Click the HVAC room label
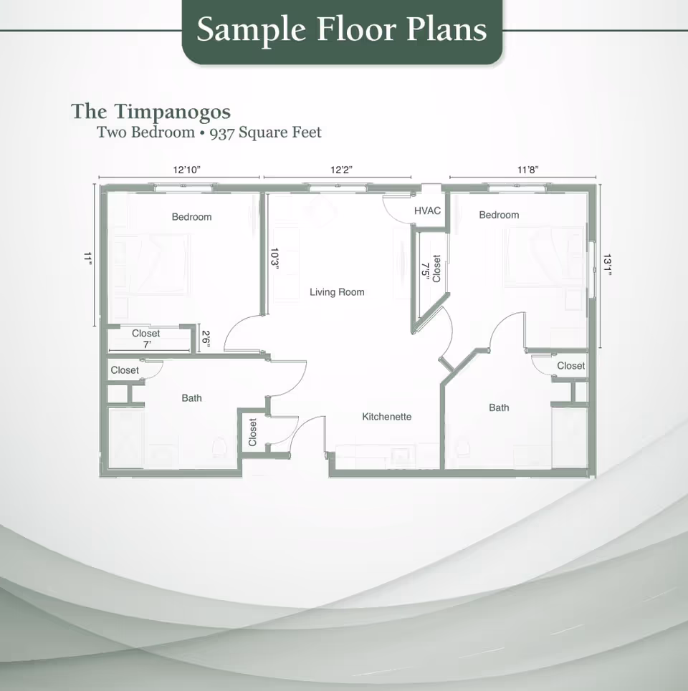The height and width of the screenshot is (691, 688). (x=427, y=211)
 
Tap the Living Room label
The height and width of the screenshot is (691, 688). (x=337, y=292)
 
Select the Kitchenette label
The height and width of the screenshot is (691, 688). (x=386, y=417)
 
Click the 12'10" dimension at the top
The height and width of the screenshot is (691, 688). (x=186, y=170)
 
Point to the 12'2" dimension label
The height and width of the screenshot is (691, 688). (x=342, y=170)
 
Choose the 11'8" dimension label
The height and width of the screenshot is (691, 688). (x=527, y=170)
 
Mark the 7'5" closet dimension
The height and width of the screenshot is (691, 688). (x=425, y=269)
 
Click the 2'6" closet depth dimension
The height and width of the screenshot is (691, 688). (x=206, y=338)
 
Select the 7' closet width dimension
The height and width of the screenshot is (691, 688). (x=146, y=344)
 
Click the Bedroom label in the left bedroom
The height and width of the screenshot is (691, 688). (x=191, y=217)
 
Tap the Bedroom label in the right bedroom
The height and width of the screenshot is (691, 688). (x=499, y=215)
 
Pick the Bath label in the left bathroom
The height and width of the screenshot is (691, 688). (x=191, y=398)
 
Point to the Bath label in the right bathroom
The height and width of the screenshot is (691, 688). (x=499, y=407)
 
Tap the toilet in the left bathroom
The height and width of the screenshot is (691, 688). (x=221, y=448)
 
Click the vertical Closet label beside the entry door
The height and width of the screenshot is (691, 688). (x=252, y=433)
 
